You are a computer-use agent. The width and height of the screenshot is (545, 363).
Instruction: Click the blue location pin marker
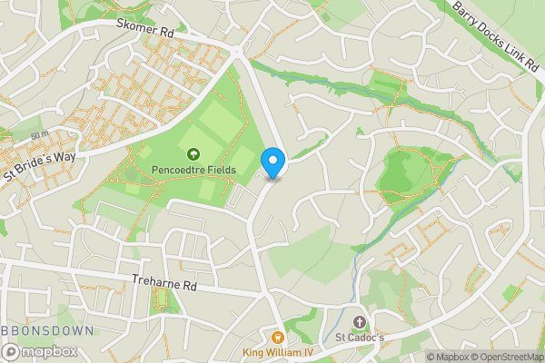tap(273, 162)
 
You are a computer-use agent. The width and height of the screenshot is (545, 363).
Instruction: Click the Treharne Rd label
tap(164, 283)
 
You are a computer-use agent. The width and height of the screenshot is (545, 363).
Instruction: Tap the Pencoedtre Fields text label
tap(194, 170)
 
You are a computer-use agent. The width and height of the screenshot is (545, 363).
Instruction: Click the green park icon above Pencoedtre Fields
tap(193, 154)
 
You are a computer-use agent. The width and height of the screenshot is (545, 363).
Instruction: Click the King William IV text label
tap(278, 353)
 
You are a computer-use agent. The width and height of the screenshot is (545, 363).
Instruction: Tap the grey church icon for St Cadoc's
tap(359, 323)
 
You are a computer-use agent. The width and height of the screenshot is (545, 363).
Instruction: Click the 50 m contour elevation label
tap(38, 135)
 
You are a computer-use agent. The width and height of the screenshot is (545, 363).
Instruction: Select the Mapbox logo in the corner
tap(40, 351)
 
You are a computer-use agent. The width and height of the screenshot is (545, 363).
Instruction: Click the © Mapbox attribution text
tap(449, 357)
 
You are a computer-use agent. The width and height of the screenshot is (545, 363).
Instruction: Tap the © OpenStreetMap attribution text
tap(508, 357)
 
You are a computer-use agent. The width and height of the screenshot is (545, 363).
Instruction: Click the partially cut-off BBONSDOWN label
tap(45, 331)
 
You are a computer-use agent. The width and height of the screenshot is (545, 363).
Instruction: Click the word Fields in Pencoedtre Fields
tap(220, 170)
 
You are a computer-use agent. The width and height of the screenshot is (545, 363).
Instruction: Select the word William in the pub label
tap(279, 353)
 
